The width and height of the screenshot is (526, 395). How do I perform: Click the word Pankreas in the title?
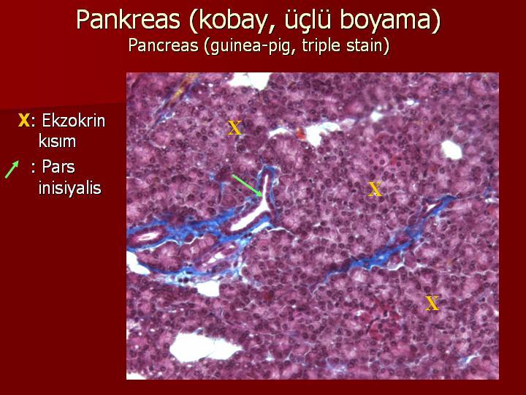pos(128,20)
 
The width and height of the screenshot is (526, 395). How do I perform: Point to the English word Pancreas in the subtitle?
pos(163,45)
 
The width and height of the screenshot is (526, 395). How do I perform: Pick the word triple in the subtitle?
pos(321,46)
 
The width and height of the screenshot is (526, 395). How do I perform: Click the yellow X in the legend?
pos(23,120)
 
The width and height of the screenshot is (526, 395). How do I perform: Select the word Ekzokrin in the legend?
pos(73,120)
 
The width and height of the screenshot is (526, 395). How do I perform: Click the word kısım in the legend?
pos(57,141)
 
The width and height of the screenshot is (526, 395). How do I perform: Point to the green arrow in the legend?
pos(12,169)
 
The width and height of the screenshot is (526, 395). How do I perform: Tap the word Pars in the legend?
pos(58,167)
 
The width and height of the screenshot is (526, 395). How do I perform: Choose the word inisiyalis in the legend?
pos(70,187)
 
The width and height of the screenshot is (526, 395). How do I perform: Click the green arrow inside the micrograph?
pos(248,186)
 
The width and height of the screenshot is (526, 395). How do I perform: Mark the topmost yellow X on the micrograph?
pos(235,128)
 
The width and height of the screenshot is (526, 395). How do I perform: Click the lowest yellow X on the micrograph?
pos(432,304)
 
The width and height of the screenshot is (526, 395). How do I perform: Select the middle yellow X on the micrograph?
pos(375,189)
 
